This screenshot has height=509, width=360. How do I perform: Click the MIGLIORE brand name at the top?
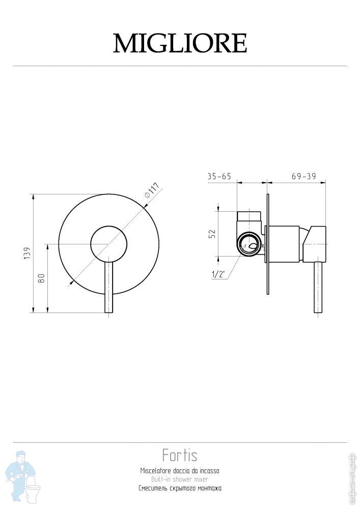pyautogui.click(x=180, y=43)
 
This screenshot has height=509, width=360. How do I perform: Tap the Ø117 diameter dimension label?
pyautogui.click(x=152, y=190)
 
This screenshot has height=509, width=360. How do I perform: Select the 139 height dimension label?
pyautogui.click(x=27, y=253)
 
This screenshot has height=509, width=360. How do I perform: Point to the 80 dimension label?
pyautogui.click(x=42, y=278)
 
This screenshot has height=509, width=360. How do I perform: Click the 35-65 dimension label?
pyautogui.click(x=219, y=176)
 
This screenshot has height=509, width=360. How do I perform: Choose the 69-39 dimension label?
pyautogui.click(x=304, y=176)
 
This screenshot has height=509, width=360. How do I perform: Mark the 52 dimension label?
pyautogui.click(x=212, y=234)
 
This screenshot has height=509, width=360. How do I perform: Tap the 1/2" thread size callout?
pyautogui.click(x=218, y=274)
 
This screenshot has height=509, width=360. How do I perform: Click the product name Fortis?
pyautogui.click(x=180, y=455)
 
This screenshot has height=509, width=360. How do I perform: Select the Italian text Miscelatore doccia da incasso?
pyautogui.click(x=180, y=471)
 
